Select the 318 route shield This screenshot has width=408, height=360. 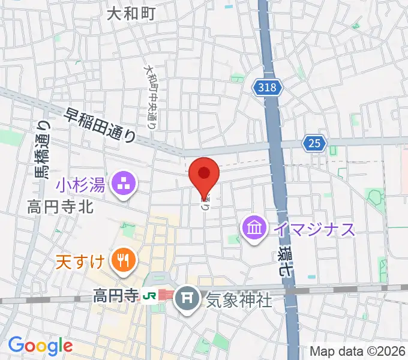point(266,88)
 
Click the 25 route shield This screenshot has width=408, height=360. point(314,143)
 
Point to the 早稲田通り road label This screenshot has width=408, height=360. point(100,125)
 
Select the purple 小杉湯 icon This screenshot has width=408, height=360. point(125,182)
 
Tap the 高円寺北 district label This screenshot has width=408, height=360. point(60,208)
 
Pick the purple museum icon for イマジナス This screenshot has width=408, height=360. point(255,229)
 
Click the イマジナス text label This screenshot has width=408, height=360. point(314,229)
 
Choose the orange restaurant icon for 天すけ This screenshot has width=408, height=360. point(125,260)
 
